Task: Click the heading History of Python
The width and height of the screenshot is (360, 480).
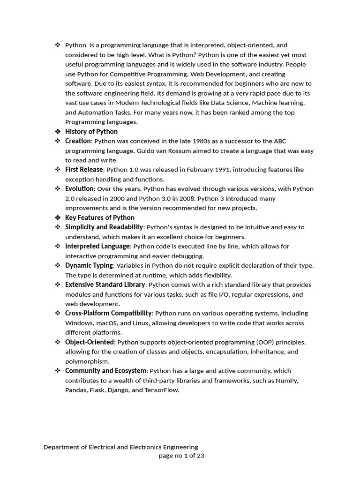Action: [91, 132]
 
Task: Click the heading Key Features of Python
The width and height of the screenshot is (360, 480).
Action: [100, 217]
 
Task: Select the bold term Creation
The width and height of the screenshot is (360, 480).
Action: [78, 141]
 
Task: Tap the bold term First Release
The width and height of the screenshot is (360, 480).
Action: [84, 170]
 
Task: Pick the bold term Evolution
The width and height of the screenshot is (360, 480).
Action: [79, 189]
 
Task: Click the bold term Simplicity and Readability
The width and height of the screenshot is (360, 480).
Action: [104, 227]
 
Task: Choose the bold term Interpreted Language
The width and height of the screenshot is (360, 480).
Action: [97, 247]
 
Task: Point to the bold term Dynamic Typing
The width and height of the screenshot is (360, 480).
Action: [89, 265]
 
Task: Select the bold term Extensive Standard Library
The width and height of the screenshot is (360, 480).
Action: [105, 285]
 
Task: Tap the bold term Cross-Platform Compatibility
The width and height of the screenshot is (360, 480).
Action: [108, 313]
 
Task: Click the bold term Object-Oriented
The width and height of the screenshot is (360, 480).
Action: [90, 342]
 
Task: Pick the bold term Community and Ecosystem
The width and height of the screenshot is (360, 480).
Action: [106, 371]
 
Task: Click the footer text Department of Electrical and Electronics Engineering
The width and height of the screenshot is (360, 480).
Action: [120, 447]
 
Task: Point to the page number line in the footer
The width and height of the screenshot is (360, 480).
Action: [181, 456]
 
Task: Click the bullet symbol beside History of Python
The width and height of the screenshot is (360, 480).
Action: [58, 132]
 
